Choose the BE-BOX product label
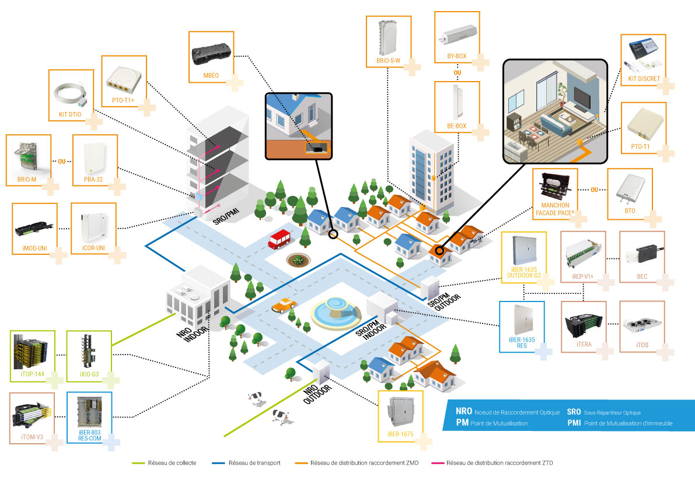(456, 125)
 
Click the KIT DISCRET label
(644, 79)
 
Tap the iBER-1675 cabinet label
(400, 434)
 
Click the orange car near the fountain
(282, 306)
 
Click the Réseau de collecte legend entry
(173, 463)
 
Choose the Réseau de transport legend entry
(254, 463)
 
